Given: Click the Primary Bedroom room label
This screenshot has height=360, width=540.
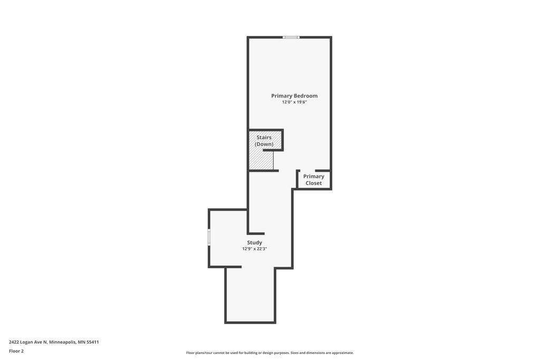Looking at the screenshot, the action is tap(294, 96).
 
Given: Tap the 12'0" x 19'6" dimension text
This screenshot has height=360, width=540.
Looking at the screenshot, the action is tap(294, 102).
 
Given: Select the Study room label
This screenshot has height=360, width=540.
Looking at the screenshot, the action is tap(255, 242).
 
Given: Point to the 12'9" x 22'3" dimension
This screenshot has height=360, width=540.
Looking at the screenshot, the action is tap(255, 248).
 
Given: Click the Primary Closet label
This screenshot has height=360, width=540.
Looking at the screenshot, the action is tap(313, 180).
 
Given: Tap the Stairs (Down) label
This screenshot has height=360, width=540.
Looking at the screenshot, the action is tap(264, 141).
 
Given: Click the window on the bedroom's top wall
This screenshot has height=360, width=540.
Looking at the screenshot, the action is tap(291, 37).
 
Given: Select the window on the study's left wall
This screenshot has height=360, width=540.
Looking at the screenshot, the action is tap(209, 238).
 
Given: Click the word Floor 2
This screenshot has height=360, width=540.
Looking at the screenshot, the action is tap(16, 351).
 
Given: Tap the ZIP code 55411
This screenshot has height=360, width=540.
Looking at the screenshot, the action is tap(93, 342).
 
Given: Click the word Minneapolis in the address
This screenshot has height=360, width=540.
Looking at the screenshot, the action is tap(62, 342).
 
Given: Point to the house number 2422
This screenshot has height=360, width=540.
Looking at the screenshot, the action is tap(14, 342).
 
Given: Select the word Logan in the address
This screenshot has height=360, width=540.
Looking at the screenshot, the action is tap(26, 342).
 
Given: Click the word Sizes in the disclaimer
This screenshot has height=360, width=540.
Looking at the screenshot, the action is tap(295, 353).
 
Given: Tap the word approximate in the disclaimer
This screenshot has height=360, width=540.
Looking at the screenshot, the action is tap(343, 353).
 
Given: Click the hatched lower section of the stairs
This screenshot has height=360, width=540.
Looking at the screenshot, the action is tap(261, 160).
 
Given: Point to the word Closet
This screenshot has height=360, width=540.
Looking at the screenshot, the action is tap(313, 183).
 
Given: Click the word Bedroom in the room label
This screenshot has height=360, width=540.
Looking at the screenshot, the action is tap(306, 96).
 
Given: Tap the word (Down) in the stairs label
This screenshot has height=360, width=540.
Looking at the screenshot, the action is tap(264, 144).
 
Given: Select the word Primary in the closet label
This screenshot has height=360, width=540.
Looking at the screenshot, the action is tap(313, 177).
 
